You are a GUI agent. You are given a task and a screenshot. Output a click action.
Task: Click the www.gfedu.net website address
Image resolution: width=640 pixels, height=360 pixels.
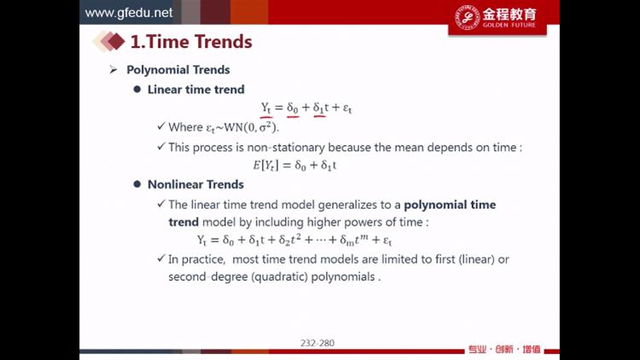(129, 13)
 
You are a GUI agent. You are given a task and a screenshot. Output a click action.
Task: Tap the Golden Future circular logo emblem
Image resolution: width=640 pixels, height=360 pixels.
(467, 17)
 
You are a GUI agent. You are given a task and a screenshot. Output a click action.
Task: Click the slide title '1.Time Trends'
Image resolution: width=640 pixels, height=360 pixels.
(191, 42)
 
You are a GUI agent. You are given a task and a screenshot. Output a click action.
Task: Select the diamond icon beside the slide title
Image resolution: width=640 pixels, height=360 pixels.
(109, 41)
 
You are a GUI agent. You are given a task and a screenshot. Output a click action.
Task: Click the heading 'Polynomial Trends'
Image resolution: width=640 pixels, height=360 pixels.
(178, 70)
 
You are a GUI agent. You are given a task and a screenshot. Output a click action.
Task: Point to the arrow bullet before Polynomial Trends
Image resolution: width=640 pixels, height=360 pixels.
(113, 70)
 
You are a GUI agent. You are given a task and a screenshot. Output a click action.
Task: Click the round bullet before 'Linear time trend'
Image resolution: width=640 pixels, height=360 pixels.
(137, 89)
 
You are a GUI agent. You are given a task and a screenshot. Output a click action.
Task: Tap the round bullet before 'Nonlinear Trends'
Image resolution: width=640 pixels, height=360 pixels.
(137, 184)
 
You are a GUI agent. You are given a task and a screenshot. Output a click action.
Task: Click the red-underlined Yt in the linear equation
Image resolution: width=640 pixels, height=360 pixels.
(266, 108)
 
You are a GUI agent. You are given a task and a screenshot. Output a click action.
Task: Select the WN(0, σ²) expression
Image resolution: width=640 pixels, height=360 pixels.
(252, 127)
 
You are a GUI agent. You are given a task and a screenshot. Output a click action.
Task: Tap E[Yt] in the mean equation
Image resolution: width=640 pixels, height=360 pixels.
(265, 165)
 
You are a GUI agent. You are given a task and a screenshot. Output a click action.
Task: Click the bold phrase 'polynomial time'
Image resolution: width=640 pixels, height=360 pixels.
(450, 205)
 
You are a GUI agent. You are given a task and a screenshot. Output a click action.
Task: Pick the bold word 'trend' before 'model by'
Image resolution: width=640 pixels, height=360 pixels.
(183, 222)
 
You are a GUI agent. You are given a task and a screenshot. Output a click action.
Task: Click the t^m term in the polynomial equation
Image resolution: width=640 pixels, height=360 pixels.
(362, 239)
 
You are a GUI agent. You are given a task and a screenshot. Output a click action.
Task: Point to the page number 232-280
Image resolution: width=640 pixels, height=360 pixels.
(317, 343)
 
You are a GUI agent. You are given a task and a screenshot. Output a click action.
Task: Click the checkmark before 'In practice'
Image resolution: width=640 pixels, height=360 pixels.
(161, 258)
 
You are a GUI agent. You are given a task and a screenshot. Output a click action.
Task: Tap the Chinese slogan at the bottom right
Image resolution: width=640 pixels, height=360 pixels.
(504, 350)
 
